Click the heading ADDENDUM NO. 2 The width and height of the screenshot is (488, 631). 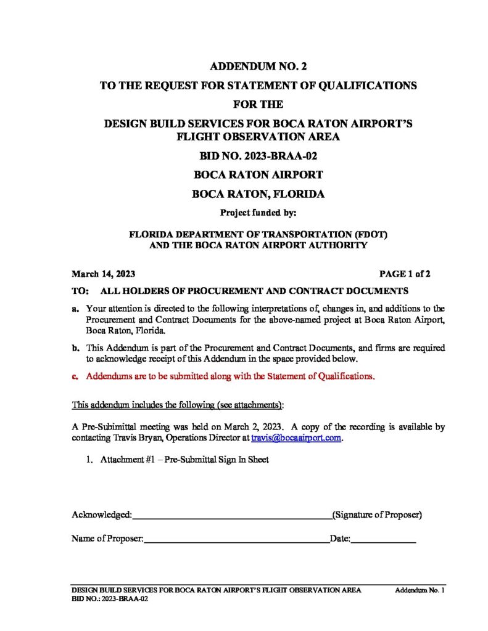click(x=258, y=66)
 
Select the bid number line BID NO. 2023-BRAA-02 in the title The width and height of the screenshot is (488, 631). click(x=258, y=156)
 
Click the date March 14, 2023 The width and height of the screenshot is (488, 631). click(x=104, y=274)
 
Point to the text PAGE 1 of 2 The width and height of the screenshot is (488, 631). click(x=405, y=274)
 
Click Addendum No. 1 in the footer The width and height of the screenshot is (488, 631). click(x=420, y=590)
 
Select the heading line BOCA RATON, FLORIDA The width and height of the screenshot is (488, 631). click(x=258, y=194)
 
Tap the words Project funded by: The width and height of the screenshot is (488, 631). click(x=258, y=214)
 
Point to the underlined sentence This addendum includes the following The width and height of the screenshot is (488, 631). click(x=178, y=405)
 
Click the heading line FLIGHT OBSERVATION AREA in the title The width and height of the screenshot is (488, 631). click(x=258, y=136)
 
